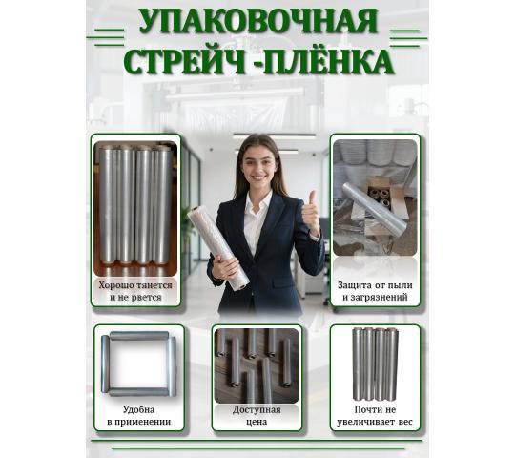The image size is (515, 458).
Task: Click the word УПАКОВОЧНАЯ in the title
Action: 257,21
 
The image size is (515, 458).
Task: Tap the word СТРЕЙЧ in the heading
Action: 185,61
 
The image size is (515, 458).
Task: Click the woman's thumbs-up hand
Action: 310,212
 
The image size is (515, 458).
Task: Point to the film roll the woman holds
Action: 218,248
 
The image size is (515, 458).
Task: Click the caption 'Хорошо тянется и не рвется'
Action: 135,291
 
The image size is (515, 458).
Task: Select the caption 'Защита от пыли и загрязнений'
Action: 375,291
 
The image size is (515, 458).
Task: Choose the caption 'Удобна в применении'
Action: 139,416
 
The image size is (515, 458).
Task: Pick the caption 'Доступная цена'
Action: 257,416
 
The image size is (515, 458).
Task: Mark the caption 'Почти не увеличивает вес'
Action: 375,416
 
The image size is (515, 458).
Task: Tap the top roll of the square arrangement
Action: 139,336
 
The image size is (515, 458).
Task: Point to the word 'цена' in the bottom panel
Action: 257,422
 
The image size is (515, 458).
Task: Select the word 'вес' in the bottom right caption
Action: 405,422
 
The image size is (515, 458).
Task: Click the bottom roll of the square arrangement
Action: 139,391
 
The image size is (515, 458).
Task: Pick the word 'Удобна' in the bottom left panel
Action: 138,409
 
